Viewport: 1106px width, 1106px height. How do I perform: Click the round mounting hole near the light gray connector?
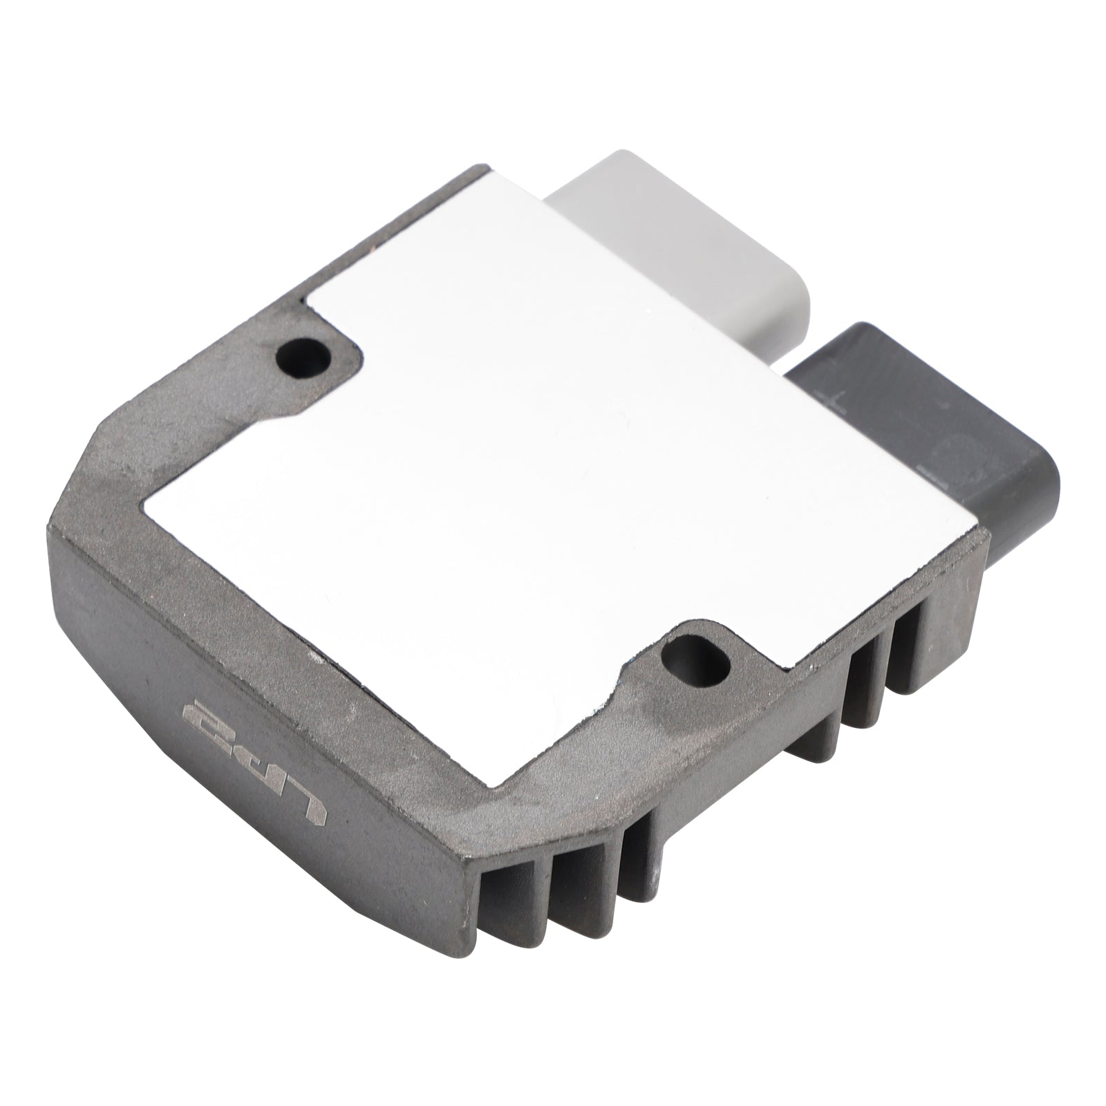click(x=303, y=358)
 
